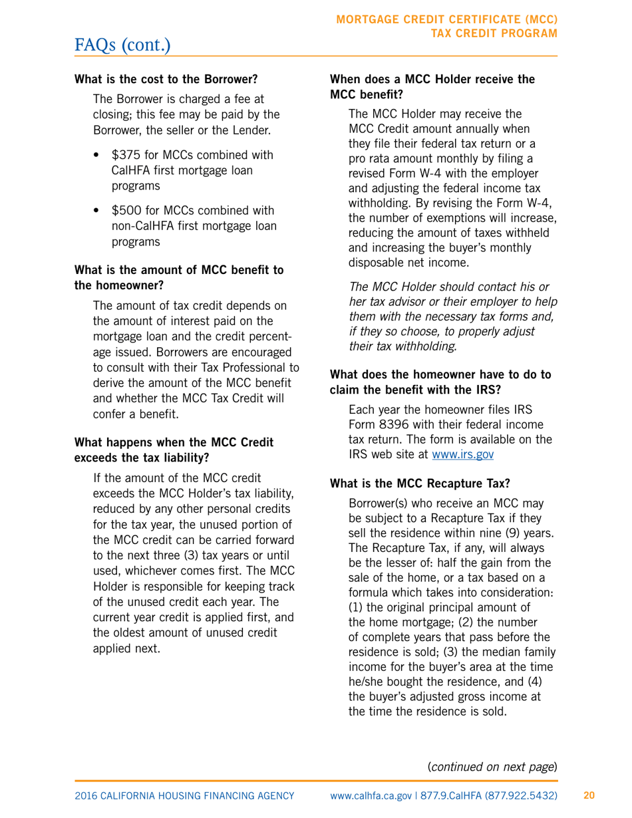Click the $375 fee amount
pyautogui.click(x=124, y=156)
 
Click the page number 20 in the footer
pyautogui.click(x=589, y=795)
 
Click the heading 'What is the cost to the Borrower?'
pyautogui.click(x=166, y=79)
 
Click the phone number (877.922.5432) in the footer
pyautogui.click(x=519, y=795)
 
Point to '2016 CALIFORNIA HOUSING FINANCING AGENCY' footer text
pyautogui.click(x=184, y=795)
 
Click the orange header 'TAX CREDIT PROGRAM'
pyautogui.click(x=494, y=33)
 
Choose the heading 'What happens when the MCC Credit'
pyautogui.click(x=174, y=442)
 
